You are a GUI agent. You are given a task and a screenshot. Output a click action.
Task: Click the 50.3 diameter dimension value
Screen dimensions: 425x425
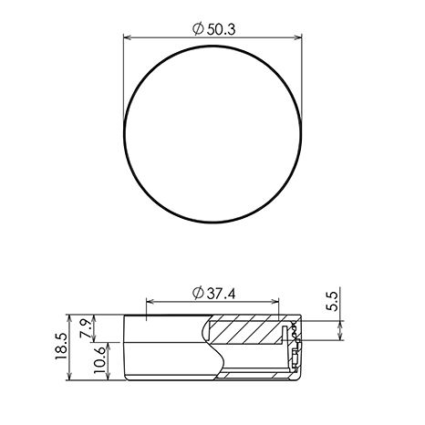221,29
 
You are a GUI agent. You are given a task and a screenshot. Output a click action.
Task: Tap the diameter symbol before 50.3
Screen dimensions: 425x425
198,29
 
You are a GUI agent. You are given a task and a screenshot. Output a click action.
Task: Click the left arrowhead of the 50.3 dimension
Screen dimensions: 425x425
127,37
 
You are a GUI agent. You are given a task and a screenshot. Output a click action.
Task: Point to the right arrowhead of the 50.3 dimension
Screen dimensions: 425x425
298,37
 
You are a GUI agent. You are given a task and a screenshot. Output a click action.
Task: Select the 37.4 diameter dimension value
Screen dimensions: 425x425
221,294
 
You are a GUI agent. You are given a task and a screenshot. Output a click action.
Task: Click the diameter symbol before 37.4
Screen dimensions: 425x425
198,293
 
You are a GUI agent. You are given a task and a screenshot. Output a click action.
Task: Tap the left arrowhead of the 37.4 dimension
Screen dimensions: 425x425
150,302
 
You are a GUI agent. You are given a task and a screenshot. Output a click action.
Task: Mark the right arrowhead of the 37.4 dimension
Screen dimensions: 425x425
275,302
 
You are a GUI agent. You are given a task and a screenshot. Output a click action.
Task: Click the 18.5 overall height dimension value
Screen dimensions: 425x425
61,346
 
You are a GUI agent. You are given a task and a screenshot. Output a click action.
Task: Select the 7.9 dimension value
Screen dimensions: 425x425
86,328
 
